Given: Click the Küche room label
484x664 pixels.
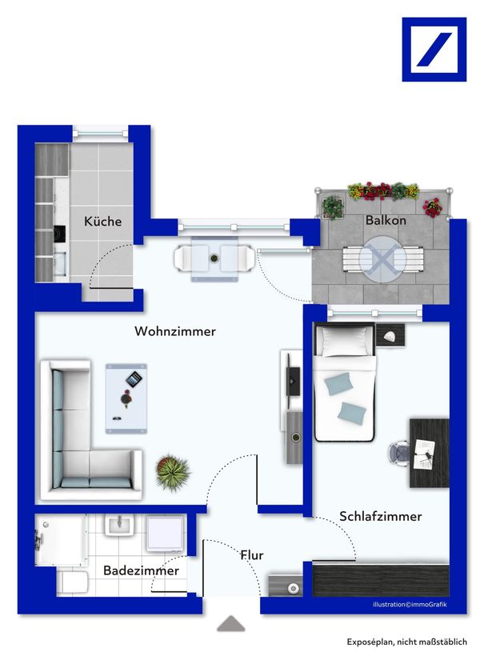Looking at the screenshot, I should (103, 221).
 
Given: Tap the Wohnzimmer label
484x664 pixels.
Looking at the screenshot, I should (175, 331).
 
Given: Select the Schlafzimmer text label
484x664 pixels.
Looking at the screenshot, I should (380, 516).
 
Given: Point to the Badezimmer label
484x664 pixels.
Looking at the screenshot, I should (141, 570).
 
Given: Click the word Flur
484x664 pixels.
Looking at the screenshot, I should (251, 554).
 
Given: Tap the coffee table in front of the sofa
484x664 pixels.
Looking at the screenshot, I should (127, 396).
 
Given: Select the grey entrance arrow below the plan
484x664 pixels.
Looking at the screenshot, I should (231, 623).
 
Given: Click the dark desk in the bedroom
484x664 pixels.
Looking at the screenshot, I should (429, 452).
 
